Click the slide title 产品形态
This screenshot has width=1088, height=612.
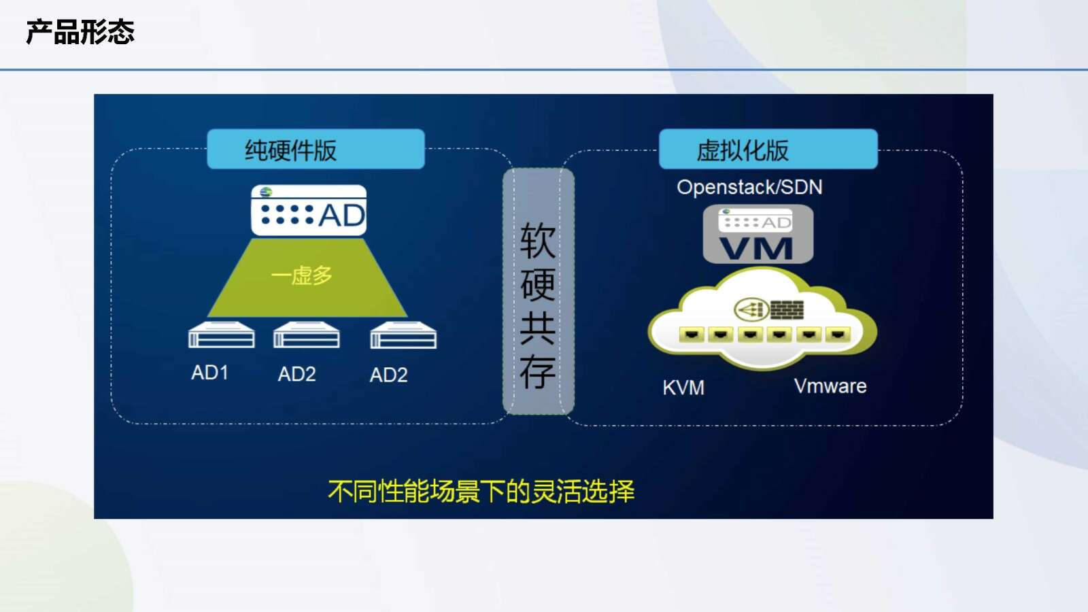pos(80,32)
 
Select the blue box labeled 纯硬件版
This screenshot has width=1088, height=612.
pos(316,149)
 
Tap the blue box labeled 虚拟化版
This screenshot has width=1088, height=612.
pos(768,149)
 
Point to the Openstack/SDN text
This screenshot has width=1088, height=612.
pos(749,187)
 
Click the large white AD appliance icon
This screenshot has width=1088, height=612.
pos(309,210)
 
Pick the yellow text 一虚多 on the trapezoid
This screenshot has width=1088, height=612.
pos(302,275)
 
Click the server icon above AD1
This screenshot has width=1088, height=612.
pos(222,335)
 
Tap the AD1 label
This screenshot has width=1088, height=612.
pos(210,373)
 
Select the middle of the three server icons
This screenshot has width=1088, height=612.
pos(307,335)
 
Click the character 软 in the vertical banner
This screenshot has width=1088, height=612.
pos(538,241)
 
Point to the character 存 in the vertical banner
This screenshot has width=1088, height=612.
pos(538,371)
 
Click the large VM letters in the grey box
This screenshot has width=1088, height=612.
pos(755,249)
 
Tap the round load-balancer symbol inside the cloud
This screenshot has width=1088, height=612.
pos(751,309)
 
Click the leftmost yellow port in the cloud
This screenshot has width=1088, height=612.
pos(692,334)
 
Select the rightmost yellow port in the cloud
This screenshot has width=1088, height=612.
pos(837,334)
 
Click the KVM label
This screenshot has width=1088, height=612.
pos(683,388)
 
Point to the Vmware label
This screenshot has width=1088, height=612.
pos(830,386)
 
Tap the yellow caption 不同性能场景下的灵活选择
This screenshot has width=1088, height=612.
pos(481,491)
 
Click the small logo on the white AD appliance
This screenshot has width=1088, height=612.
pos(266,192)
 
